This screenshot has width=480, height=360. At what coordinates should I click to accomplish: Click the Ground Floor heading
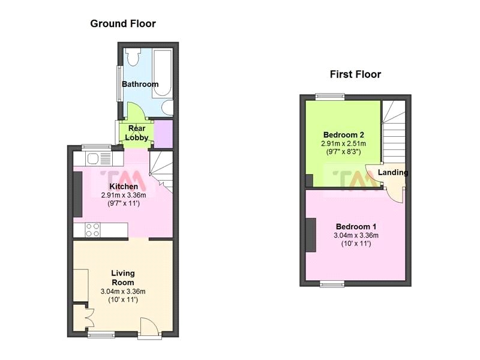point(123,24)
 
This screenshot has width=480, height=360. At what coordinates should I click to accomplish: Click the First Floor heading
point(355,74)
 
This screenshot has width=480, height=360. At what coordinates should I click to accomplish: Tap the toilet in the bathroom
point(133,57)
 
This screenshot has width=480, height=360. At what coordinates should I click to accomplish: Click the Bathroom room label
point(140,84)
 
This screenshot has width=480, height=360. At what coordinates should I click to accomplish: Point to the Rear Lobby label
point(137,133)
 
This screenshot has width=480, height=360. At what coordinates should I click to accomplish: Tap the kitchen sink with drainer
point(98,159)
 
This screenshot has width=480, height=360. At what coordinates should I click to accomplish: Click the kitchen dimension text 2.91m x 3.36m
point(122,195)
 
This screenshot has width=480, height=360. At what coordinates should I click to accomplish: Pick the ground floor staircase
point(161,171)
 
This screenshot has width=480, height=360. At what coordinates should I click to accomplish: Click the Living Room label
point(123,278)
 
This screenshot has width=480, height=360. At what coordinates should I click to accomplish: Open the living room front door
point(149,327)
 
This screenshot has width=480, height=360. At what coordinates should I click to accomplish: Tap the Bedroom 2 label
point(344,134)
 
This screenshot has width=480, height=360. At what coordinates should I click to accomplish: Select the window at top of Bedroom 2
point(331,95)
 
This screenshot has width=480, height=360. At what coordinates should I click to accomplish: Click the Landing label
point(393,173)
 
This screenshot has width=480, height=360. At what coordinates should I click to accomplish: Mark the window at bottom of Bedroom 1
point(331,283)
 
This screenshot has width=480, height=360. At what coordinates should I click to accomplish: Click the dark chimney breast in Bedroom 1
point(311,235)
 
